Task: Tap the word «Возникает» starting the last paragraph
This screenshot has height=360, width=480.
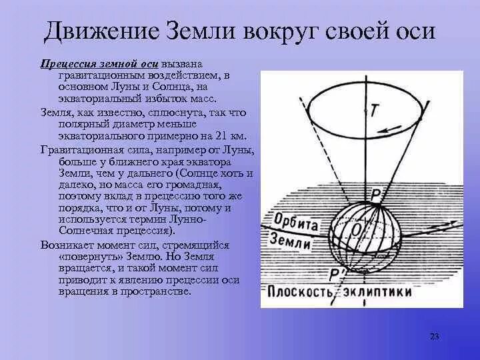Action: tap(65, 246)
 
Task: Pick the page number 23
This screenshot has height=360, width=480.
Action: tap(434, 336)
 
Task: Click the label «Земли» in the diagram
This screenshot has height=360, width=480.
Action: tap(291, 242)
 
